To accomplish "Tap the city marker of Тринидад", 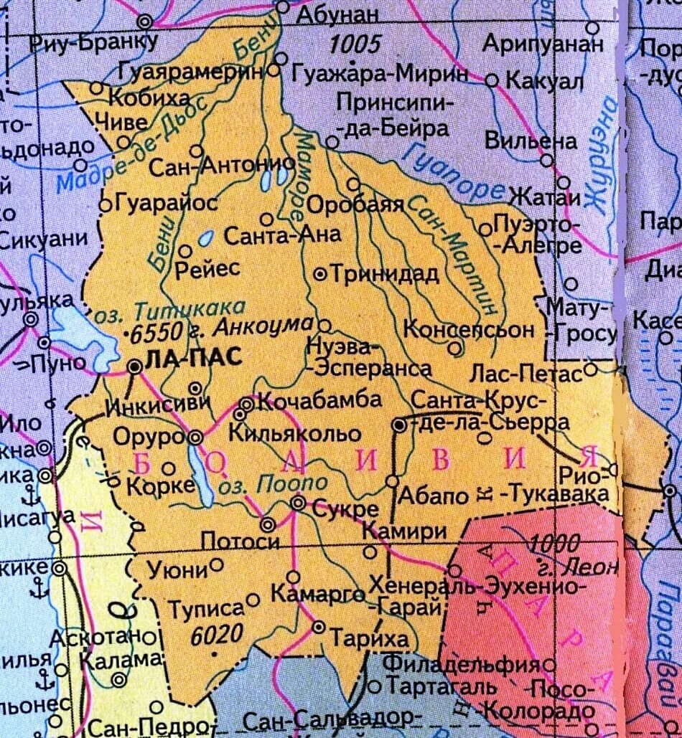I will pyautogui.click(x=321, y=274).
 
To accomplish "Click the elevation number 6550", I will pyautogui.click(x=154, y=333).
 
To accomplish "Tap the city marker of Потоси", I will pyautogui.click(x=268, y=524).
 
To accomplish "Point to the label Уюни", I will pyautogui.click(x=176, y=571).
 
